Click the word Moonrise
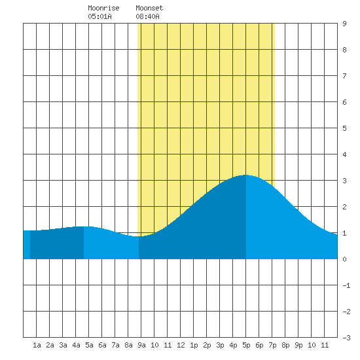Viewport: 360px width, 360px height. tap(103, 8)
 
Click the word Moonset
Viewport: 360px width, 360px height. tap(149, 8)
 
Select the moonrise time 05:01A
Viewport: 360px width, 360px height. tap(99, 16)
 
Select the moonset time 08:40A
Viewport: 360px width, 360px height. tap(147, 16)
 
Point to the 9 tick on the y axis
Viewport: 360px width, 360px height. tap(344, 24)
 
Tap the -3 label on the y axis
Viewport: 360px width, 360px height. tap(346, 338)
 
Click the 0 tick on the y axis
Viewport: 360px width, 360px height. tap(344, 259)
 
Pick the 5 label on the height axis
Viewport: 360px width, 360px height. tap(344, 128)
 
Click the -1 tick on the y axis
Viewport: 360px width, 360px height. tap(346, 285)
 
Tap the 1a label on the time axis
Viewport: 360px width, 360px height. tap(37, 345)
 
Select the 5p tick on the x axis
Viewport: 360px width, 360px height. tap(246, 345)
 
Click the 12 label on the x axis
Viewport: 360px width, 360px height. tap(181, 345)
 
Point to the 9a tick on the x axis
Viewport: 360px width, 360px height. tap(141, 345)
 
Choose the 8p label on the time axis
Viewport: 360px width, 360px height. tap(285, 345)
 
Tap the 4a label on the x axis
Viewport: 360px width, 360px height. tap(76, 345)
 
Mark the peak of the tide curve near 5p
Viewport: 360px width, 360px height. tap(246, 175)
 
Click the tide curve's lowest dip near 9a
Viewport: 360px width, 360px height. tap(139, 236)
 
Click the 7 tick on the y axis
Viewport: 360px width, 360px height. tap(344, 76)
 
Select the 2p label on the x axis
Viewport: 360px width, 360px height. tap(207, 345)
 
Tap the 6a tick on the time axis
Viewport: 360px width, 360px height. tap(102, 345)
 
